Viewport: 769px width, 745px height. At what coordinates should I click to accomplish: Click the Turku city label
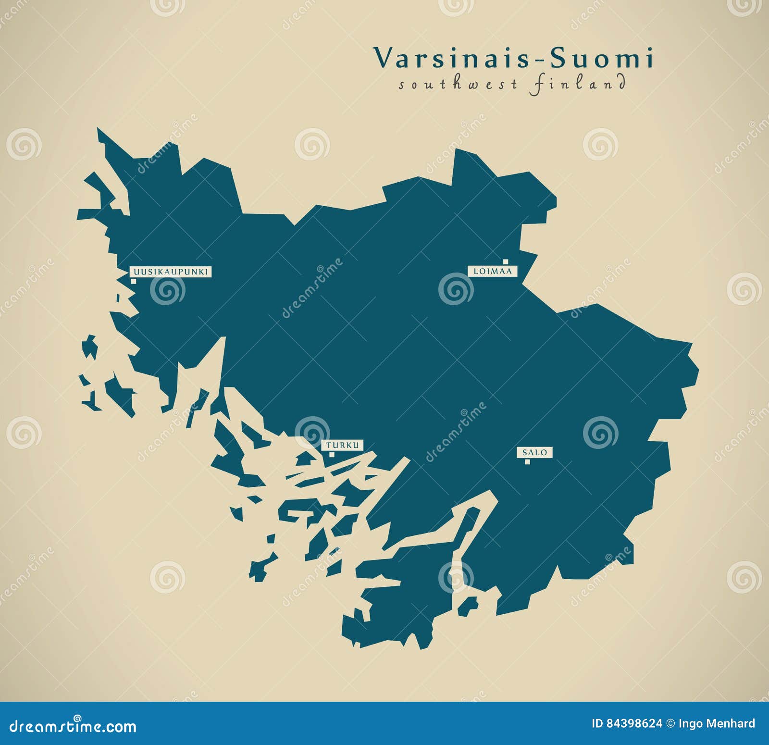coord(343,446)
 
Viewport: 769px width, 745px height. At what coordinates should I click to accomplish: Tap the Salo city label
coord(534,452)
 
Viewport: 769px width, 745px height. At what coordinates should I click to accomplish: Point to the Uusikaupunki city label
coord(171,272)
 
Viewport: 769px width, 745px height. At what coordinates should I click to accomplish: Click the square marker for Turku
coord(332,454)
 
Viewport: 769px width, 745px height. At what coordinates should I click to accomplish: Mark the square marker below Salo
coord(527,462)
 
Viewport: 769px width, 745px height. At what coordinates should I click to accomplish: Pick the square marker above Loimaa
coord(506,262)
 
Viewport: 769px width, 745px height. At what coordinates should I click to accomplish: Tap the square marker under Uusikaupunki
coord(133,281)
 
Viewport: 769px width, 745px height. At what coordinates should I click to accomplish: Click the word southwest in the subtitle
coord(457,85)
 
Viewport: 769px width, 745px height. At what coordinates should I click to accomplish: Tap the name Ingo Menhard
coord(717,723)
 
